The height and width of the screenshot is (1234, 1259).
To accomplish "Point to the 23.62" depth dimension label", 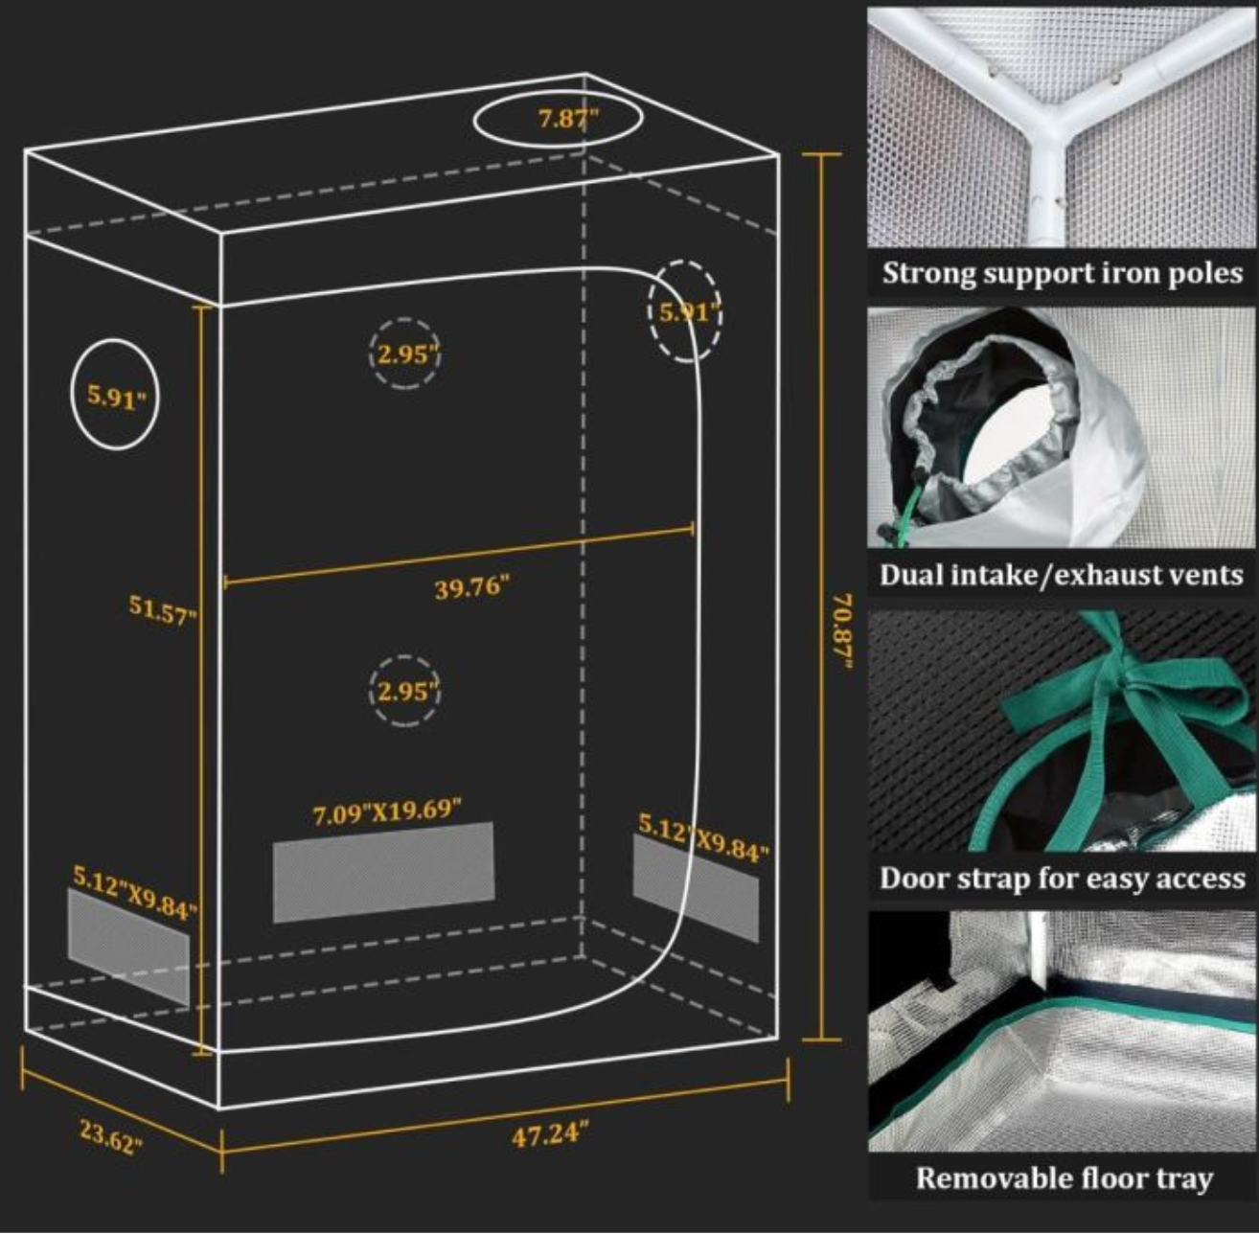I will (x=111, y=1136).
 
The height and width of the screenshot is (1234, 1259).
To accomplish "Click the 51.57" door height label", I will (x=162, y=608).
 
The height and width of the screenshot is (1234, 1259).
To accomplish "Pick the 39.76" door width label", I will (x=471, y=586).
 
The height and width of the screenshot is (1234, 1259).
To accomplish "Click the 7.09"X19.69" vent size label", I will (x=387, y=813).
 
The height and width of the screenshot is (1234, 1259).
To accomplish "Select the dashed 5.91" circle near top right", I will (x=685, y=311).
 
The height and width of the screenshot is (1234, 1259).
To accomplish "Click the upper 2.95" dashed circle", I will (x=405, y=354).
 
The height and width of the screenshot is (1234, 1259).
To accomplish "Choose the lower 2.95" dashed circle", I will (x=405, y=691).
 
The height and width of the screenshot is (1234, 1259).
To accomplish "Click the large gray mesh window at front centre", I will (x=383, y=872).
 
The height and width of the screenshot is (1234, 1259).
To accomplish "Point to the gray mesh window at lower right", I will (x=696, y=887).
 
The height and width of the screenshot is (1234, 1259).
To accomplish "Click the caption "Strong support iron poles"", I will (x=1062, y=273).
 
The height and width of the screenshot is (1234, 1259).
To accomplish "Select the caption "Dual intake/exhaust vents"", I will (x=1062, y=575).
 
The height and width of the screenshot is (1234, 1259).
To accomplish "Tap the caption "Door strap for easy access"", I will (x=1062, y=878).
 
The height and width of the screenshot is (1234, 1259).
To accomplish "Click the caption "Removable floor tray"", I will (x=1064, y=1177).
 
